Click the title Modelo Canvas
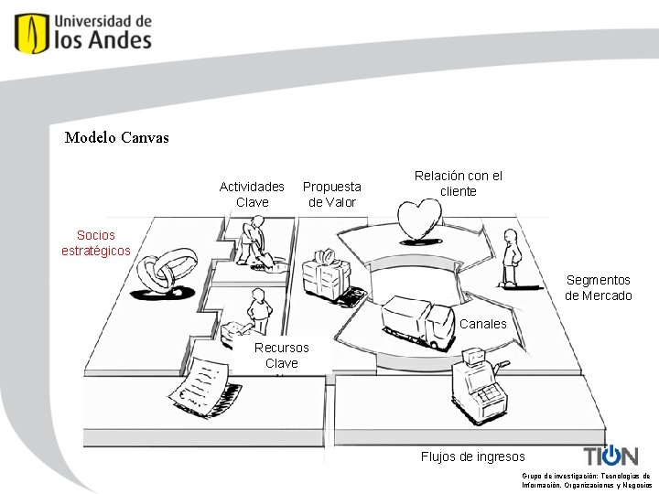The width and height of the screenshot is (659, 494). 117,138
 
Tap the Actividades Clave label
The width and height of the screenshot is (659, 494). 252,194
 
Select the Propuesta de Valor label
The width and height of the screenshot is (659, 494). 331,194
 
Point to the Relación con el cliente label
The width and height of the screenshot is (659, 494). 458,183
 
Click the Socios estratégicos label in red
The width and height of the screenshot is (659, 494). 96,242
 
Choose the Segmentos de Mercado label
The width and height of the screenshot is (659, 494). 599,287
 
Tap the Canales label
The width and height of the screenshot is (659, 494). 482,324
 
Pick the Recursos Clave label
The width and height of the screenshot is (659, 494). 282,355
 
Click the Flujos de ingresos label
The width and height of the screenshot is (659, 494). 472,456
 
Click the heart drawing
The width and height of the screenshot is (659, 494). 417,220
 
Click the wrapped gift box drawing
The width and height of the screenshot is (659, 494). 329,274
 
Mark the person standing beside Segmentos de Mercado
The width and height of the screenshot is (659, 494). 511,258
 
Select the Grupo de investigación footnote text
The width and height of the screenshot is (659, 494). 586,480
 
